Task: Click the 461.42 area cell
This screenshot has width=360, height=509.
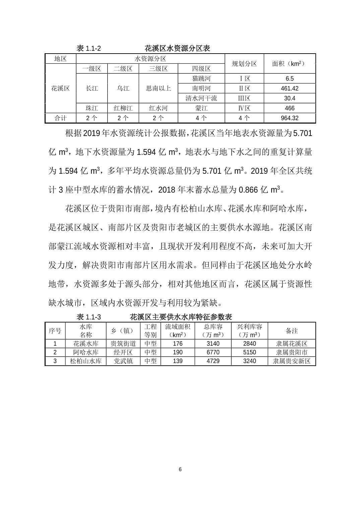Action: pos(290,88)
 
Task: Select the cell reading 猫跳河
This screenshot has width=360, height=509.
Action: pos(201,79)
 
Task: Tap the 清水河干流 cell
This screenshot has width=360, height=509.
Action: pos(201,98)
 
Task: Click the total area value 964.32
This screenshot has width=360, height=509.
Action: pos(290,118)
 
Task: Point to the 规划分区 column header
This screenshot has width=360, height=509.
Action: pos(244,64)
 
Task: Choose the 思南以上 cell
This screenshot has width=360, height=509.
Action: pos(158,88)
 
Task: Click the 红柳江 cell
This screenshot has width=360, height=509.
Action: pos(123,108)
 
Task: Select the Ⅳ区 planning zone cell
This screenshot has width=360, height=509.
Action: pos(244,108)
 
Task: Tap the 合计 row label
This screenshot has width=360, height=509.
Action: pos(60,118)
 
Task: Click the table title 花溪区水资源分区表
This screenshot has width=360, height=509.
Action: pos(177,48)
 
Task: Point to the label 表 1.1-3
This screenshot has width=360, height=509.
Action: pos(89,317)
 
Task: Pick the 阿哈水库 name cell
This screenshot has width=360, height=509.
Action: pos(85,352)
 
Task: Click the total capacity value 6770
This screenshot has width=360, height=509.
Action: pos(213,352)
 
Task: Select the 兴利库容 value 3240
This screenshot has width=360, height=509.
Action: pos(249,361)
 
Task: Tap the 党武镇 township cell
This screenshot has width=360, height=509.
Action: pos(123,361)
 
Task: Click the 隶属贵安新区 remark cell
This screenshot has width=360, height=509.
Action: pos(292,361)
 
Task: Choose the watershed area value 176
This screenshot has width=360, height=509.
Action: pos(178,344)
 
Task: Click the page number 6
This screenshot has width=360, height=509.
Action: pos(180,469)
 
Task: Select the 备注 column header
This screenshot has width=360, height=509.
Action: pos(292,331)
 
